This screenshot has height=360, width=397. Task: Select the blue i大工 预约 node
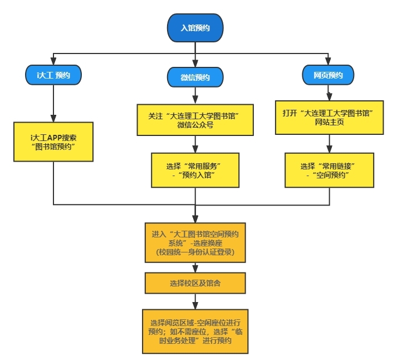pyautogui.click(x=53, y=74)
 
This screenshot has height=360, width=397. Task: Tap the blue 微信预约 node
pyautogui.click(x=195, y=77)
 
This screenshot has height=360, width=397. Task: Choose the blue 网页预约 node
pyautogui.click(x=328, y=75)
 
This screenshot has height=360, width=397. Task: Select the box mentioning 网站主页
pyautogui.click(x=329, y=117)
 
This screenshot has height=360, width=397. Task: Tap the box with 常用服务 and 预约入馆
pyautogui.click(x=195, y=171)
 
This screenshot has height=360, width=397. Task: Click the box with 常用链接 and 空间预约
pyautogui.click(x=329, y=171)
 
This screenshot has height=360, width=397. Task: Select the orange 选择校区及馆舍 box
pyautogui.click(x=195, y=283)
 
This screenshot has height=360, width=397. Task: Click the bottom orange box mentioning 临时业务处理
pyautogui.click(x=195, y=331)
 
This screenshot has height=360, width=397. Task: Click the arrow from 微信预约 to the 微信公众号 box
pyautogui.click(x=195, y=95)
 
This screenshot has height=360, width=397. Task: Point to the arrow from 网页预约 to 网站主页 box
pyautogui.click(x=329, y=93)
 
